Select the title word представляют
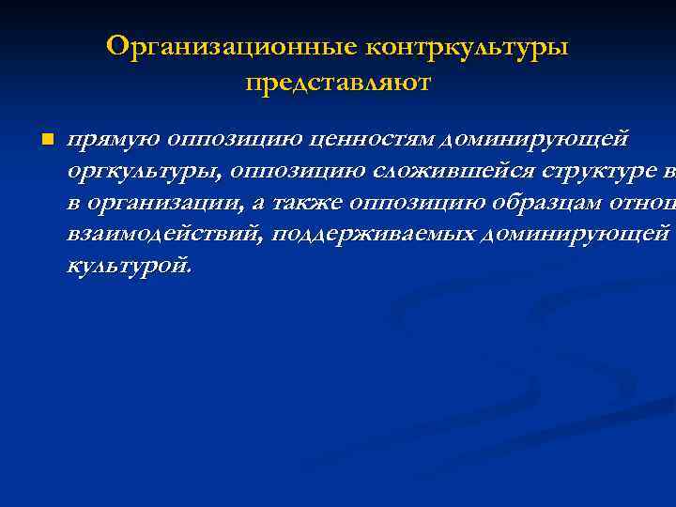tap(338, 84)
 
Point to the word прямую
tap(112, 140)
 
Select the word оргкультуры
tap(141, 172)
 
